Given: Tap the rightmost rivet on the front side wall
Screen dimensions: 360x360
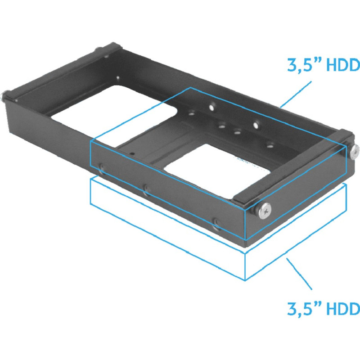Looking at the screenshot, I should (217, 222).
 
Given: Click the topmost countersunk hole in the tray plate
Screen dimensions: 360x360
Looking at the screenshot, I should (211, 108).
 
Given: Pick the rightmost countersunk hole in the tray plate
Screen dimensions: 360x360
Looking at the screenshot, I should (270, 145).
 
